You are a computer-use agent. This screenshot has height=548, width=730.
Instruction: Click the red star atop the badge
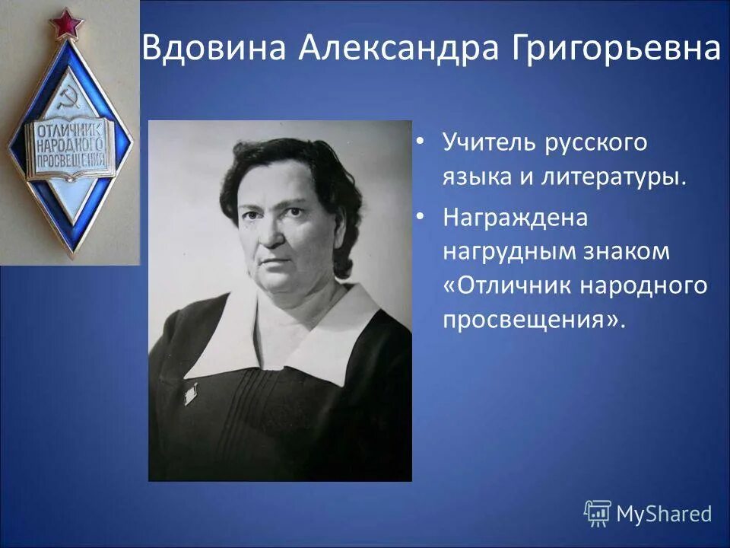click(67, 23)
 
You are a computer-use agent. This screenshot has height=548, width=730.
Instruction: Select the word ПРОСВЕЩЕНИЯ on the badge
click(71, 161)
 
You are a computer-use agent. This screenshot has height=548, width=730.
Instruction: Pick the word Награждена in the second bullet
click(516, 217)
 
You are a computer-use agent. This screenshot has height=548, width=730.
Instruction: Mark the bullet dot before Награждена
click(420, 217)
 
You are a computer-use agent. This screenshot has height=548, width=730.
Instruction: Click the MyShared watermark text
click(664, 515)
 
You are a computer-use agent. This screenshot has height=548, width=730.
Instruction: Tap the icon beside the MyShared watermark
click(598, 514)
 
